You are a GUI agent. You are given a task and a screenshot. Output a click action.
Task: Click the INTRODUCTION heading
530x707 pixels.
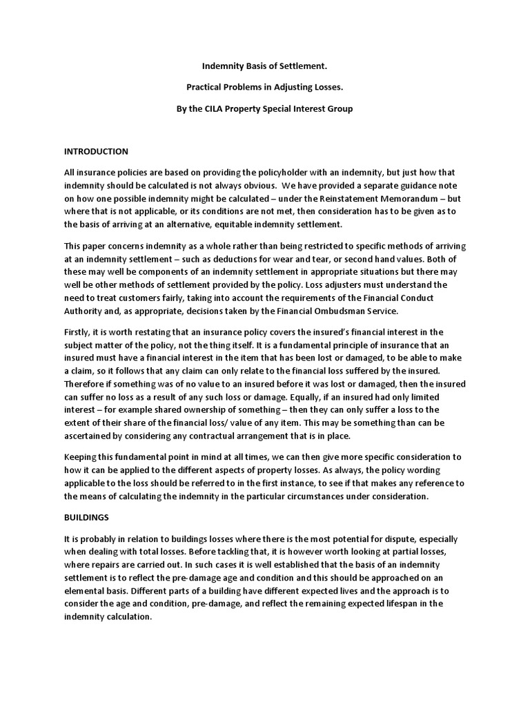[96, 151]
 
